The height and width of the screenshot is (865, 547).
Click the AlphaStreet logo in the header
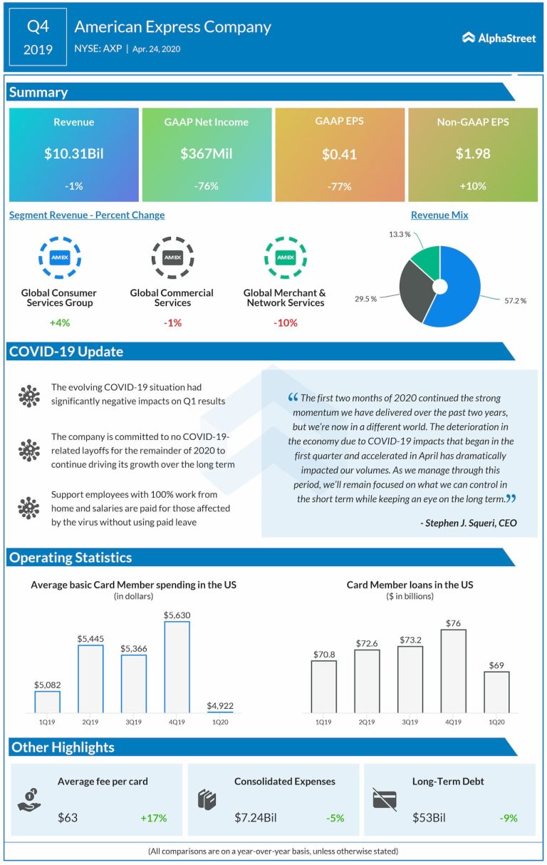click(x=499, y=38)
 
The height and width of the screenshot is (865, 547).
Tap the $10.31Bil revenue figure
click(x=74, y=154)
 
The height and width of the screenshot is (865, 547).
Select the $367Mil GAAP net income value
click(x=207, y=154)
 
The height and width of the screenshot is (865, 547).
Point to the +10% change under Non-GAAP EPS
click(x=472, y=186)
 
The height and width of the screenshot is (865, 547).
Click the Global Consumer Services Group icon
click(x=58, y=257)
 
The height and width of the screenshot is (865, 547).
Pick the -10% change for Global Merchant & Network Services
click(x=285, y=323)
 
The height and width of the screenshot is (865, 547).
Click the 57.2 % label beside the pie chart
click(x=515, y=301)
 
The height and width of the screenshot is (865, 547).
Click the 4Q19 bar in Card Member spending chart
click(x=177, y=667)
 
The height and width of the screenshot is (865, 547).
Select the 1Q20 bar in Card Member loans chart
click(x=496, y=692)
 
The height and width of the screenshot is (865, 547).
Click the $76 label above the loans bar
click(x=453, y=623)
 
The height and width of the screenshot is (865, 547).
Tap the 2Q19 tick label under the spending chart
click(x=90, y=722)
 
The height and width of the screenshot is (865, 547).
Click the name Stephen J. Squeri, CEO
click(x=469, y=523)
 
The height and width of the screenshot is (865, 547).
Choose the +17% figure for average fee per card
click(x=153, y=818)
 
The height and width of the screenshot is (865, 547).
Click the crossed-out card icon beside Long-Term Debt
click(x=384, y=799)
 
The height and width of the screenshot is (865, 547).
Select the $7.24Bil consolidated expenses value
click(x=255, y=818)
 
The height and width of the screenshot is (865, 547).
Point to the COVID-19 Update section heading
click(x=66, y=352)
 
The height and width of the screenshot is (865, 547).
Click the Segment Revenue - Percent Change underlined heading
click(x=87, y=215)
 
